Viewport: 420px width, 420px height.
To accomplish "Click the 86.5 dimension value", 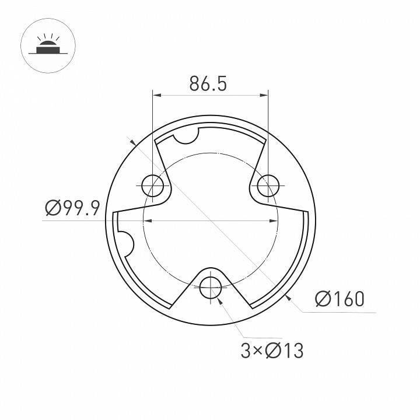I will pos(208,84).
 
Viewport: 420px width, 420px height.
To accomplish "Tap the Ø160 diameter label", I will pos(339,299).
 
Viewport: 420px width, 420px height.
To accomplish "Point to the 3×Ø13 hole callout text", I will pos(272,351).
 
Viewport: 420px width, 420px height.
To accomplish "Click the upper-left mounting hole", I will pos(153,185).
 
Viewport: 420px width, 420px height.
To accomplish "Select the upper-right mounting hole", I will pos(268,185).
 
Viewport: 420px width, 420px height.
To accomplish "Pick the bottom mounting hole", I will pos(210,286).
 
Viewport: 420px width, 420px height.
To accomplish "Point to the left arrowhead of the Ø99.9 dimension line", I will pos(147,220).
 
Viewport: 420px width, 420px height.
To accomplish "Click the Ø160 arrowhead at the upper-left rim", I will pos(134,143).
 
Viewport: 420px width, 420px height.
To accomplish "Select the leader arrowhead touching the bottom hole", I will pos(219,299).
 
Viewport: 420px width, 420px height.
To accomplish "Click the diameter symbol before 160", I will pos(323,299).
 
